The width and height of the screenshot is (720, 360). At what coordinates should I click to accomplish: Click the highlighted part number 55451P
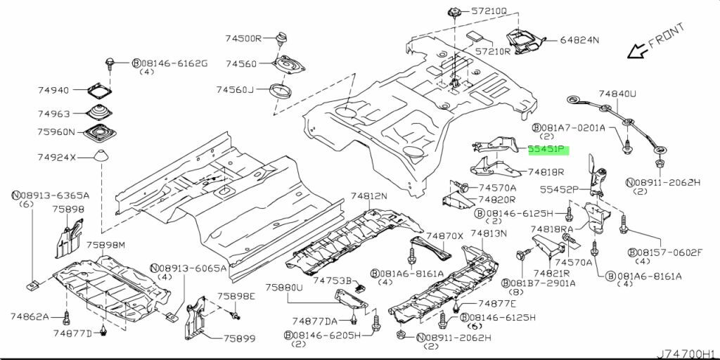point(547,150)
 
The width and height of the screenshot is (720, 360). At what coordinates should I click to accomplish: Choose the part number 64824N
point(579,40)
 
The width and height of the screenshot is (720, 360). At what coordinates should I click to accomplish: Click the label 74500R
point(243,39)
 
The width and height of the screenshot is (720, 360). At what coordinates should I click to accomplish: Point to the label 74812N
point(369,196)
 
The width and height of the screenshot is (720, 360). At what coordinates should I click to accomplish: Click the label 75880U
point(284,288)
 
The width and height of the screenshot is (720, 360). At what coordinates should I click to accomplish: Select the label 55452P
point(559,189)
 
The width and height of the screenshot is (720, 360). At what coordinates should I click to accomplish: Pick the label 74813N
point(488,233)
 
